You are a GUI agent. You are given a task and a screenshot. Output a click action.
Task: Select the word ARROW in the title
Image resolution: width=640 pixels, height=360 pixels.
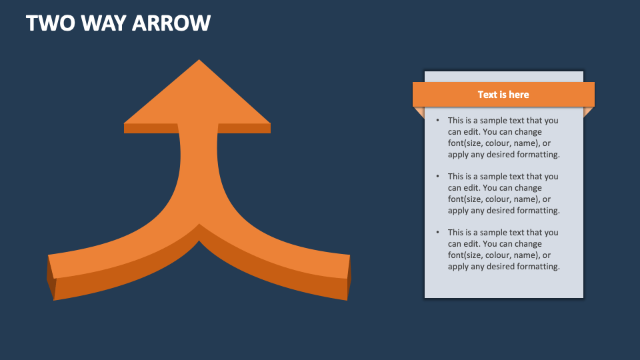pyautogui.click(x=171, y=23)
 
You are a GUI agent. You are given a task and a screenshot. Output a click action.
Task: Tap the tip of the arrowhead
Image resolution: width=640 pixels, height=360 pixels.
pyautogui.click(x=198, y=61)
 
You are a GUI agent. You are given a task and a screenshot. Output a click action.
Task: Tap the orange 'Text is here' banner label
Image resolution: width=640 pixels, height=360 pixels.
pyautogui.click(x=503, y=95)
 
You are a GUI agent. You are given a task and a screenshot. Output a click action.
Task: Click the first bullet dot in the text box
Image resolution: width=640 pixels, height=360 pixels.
pyautogui.click(x=437, y=121)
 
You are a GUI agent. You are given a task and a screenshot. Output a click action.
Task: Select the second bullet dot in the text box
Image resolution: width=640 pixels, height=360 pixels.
pyautogui.click(x=437, y=177)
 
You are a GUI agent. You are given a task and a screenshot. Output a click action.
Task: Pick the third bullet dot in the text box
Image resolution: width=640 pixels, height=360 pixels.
pyautogui.click(x=437, y=233)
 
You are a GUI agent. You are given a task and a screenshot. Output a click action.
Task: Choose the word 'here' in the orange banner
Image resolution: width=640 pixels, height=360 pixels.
pyautogui.click(x=519, y=95)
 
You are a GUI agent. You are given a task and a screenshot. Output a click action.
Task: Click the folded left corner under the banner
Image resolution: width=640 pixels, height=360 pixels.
pyautogui.click(x=419, y=111)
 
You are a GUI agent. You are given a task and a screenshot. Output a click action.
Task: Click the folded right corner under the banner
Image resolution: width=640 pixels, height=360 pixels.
pyautogui.click(x=588, y=111)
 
